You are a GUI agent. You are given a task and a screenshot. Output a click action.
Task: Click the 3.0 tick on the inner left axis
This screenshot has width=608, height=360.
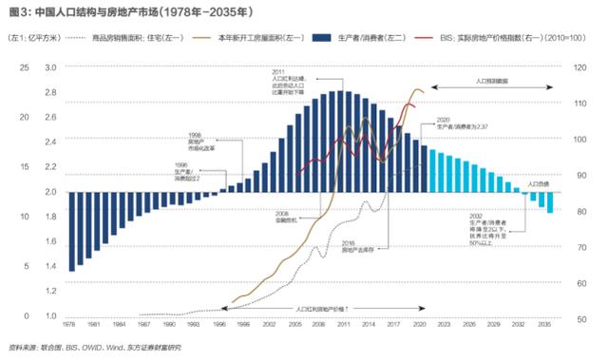click(x=51, y=67)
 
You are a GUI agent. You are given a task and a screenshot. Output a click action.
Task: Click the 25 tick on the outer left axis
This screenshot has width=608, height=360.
click(x=24, y=67)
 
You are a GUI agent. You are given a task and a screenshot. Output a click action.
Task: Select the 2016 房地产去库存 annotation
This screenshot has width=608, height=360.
click(x=357, y=247)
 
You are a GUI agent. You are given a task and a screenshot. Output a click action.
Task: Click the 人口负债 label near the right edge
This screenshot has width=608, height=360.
click(x=539, y=182)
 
